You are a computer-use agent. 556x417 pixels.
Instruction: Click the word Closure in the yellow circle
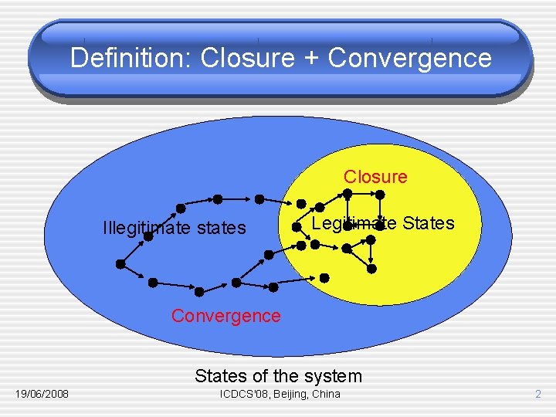[x=375, y=177]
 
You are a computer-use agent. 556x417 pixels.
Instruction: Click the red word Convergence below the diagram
[x=226, y=316]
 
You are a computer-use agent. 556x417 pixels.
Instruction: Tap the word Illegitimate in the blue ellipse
[x=146, y=228]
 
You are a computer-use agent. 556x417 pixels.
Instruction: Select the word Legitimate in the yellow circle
[x=349, y=224]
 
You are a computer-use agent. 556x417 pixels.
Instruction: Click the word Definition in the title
[x=131, y=58]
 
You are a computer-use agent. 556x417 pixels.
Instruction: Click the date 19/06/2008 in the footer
[x=42, y=395]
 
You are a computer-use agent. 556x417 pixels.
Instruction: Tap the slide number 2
[x=539, y=395]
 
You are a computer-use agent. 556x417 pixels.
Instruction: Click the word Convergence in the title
[x=409, y=58]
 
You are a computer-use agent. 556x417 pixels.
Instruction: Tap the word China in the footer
[x=325, y=395]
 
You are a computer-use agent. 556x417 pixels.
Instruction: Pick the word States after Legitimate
[x=428, y=224]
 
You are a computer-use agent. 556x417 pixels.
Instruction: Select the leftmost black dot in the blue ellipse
[x=120, y=263]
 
